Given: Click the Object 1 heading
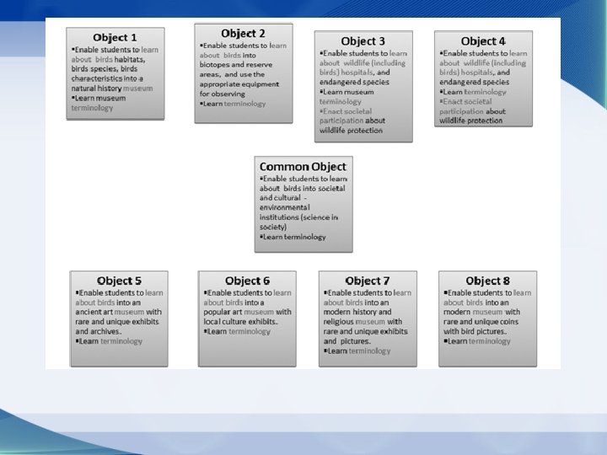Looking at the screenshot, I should point(115,38).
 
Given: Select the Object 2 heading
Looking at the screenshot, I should point(244,34).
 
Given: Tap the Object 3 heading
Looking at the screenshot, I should point(363,41).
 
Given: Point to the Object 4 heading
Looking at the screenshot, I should point(483,41).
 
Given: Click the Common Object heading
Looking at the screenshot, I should point(303,167).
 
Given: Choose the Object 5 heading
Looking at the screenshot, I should point(119,281).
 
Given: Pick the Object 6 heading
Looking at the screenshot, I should point(247,281).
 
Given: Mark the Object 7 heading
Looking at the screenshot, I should point(368,281).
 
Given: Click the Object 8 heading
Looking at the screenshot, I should point(487,281).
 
